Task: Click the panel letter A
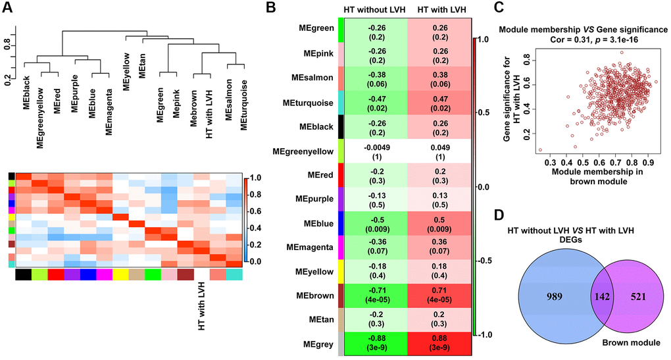pyautogui.click(x=9, y=8)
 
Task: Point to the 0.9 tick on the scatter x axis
pyautogui.click(x=649, y=161)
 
